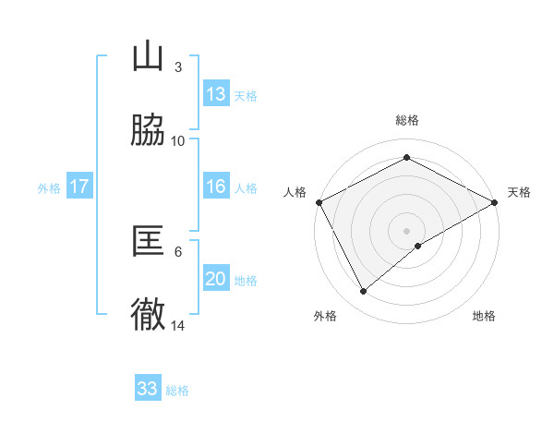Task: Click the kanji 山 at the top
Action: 148,57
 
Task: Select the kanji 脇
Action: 148,132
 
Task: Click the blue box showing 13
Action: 216,94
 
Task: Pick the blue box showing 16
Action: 216,187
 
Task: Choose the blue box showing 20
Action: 216,279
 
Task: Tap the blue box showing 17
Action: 79,187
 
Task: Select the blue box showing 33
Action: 148,389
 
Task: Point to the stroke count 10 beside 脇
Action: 178,140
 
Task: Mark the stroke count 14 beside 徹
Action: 178,325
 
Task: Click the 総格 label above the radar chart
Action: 407,120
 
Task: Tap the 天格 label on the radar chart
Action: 520,192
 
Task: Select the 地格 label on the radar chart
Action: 484,316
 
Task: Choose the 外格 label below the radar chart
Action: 325,316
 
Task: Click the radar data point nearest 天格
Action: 496,202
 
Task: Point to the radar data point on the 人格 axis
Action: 319,202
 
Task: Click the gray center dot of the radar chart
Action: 407,230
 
